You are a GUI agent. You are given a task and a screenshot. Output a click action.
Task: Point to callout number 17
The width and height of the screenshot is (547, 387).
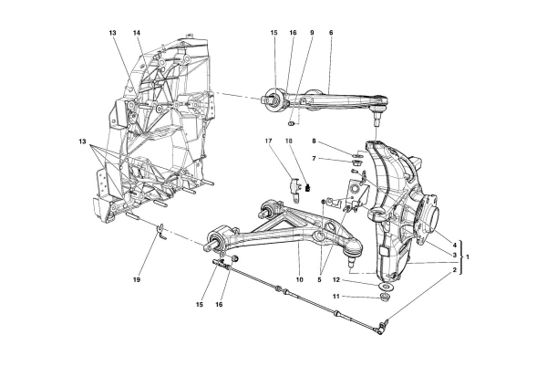(x=270, y=141)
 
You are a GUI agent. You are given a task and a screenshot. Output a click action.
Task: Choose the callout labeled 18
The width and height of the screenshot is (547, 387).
(x=289, y=141)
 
